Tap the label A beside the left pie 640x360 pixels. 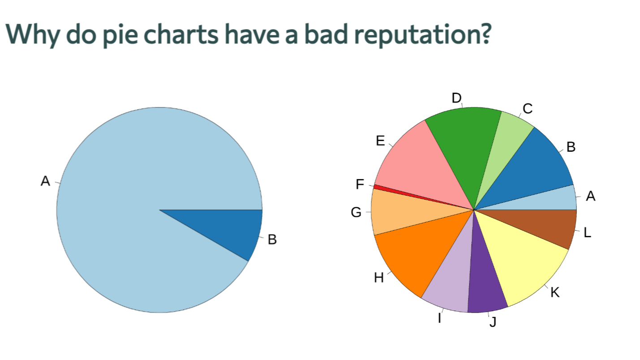coord(45,181)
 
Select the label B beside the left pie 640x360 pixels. coord(272,240)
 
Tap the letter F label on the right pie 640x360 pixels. coord(360,184)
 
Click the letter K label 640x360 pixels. coord(555,292)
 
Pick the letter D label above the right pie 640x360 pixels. coord(456,99)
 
